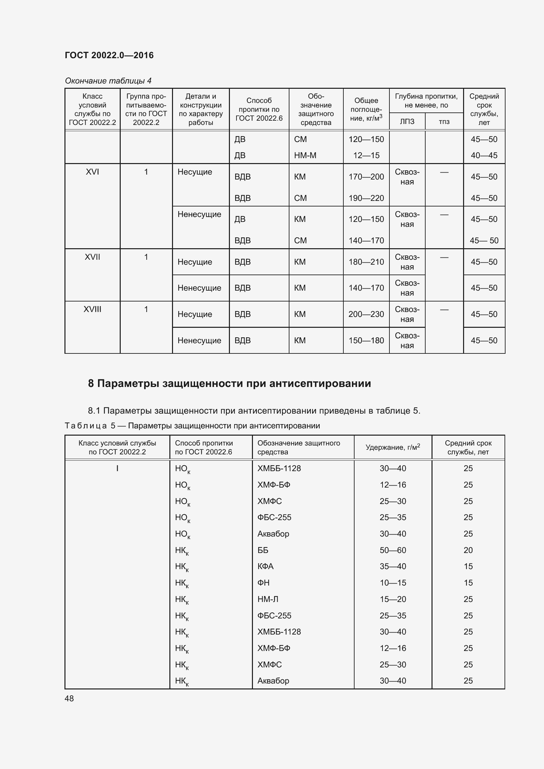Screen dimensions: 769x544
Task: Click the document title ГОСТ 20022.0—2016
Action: click(x=109, y=55)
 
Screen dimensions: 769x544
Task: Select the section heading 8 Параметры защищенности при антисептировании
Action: click(x=230, y=383)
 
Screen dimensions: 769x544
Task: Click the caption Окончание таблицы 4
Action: click(x=108, y=81)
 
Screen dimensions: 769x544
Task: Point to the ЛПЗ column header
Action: click(x=407, y=122)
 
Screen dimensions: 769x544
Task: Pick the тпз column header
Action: click(x=444, y=122)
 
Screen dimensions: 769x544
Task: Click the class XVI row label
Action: click(x=92, y=172)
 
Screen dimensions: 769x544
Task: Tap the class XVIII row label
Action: click(x=92, y=309)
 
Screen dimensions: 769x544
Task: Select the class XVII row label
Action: click(x=92, y=257)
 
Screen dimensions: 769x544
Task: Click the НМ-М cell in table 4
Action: click(x=305, y=156)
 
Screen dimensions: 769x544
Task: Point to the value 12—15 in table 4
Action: click(x=366, y=156)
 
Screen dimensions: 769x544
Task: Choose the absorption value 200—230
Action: click(x=366, y=314)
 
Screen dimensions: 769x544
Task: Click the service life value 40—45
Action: click(x=484, y=156)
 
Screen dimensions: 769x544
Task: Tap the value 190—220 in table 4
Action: click(x=366, y=198)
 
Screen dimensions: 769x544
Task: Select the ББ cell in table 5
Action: click(x=263, y=550)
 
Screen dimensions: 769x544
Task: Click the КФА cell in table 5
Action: click(x=266, y=566)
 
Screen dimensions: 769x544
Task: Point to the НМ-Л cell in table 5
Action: click(x=268, y=599)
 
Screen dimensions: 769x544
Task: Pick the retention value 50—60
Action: click(x=393, y=550)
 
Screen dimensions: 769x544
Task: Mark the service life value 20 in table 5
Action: click(x=468, y=550)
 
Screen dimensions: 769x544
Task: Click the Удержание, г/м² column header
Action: click(x=393, y=447)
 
